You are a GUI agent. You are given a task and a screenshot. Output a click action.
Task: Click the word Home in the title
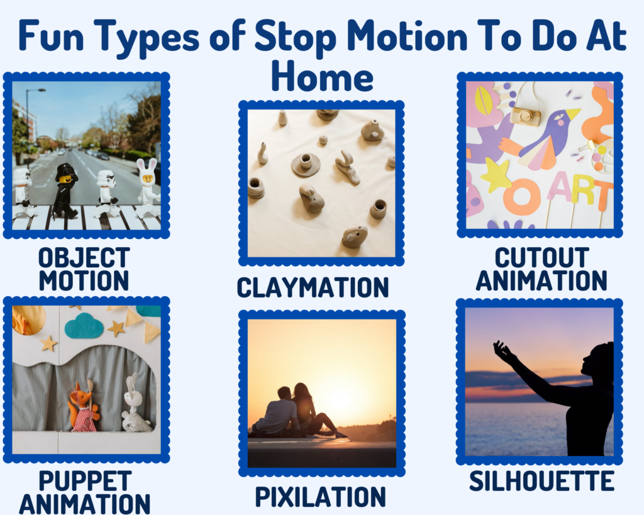pos(323,76)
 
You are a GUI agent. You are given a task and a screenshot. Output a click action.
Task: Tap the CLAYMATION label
pos(313,287)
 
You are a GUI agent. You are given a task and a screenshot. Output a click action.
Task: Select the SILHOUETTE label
pos(541,481)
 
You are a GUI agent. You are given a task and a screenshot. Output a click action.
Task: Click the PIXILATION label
pos(320,497)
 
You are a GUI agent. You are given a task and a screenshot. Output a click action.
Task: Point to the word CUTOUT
pos(541,258)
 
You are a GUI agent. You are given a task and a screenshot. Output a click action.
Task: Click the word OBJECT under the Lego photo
pos(84,258)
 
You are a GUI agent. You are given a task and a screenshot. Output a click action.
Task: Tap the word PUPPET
pos(85,481)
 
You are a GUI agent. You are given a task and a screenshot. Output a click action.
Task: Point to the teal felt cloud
pos(84,326)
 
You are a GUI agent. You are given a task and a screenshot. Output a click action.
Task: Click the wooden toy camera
pos(525,116)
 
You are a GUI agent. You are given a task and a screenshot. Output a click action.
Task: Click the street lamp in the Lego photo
pos(29,123)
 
